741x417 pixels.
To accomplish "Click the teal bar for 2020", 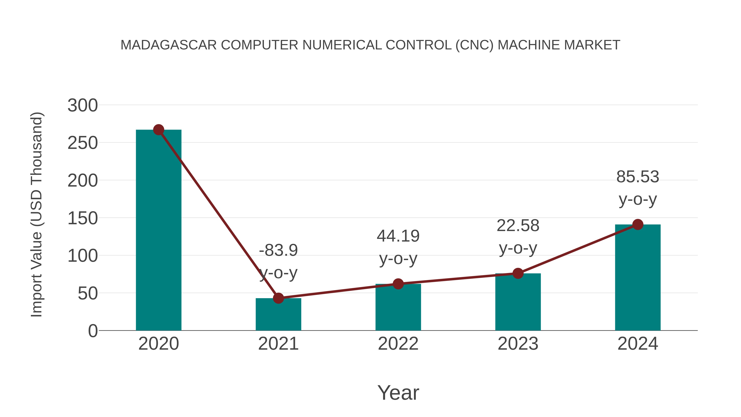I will (158, 230).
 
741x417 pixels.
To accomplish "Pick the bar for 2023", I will (518, 302).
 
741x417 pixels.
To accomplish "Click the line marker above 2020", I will (158, 130).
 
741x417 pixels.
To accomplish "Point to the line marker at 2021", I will (278, 298).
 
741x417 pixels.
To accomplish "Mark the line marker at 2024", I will (638, 224).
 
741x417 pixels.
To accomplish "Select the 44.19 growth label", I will (398, 236).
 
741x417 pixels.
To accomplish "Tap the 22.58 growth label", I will (518, 226).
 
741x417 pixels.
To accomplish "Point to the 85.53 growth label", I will (638, 177).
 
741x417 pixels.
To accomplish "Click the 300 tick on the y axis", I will (83, 105).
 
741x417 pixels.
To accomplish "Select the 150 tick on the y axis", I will (83, 218).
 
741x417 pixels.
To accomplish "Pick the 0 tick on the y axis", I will (93, 331).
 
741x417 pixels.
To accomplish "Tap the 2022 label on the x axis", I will (398, 344).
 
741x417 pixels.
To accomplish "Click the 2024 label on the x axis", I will (638, 344).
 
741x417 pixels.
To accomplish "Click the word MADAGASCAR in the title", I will (169, 45).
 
